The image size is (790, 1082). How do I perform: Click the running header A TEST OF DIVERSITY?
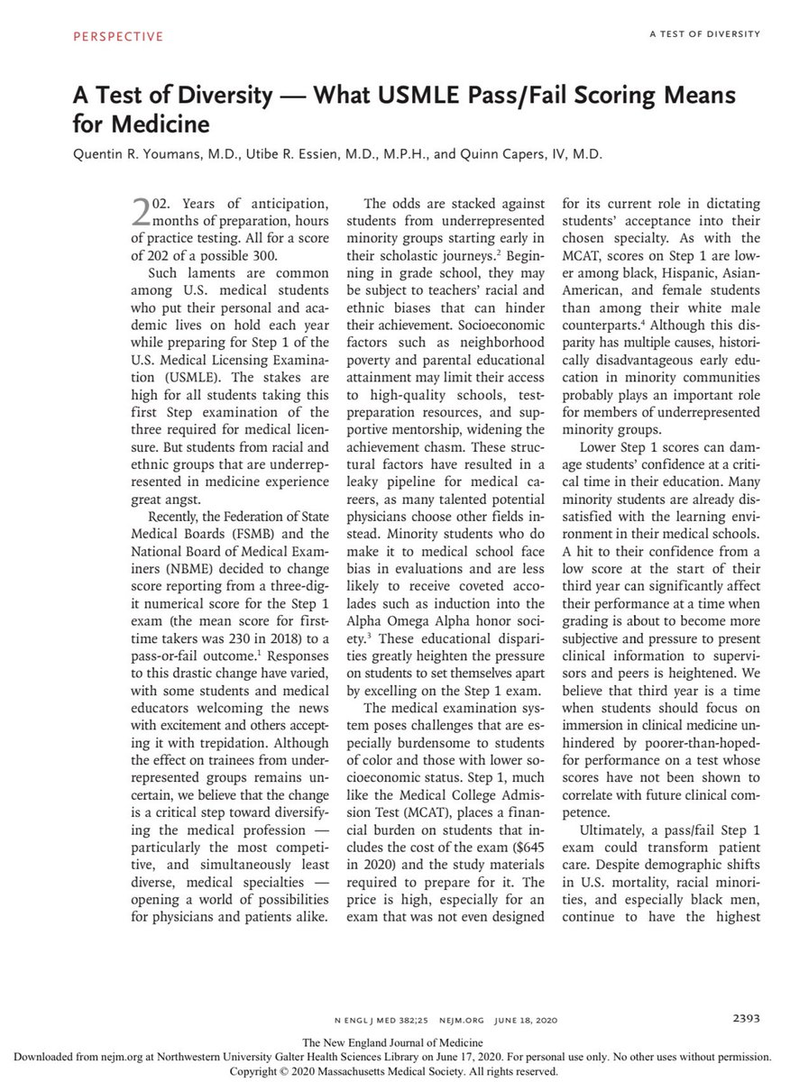click(704, 34)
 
